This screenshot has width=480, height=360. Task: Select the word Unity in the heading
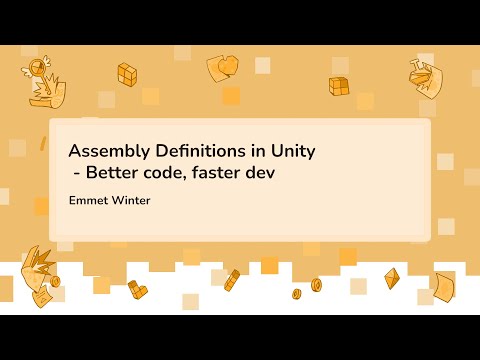[292, 152]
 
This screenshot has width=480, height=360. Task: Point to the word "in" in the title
[258, 152]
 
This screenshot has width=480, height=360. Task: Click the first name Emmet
[88, 200]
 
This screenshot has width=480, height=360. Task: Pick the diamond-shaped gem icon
[392, 277]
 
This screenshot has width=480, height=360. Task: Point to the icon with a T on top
[424, 76]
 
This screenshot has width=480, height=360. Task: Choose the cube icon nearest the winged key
[127, 73]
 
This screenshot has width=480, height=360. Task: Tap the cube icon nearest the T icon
[340, 87]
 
